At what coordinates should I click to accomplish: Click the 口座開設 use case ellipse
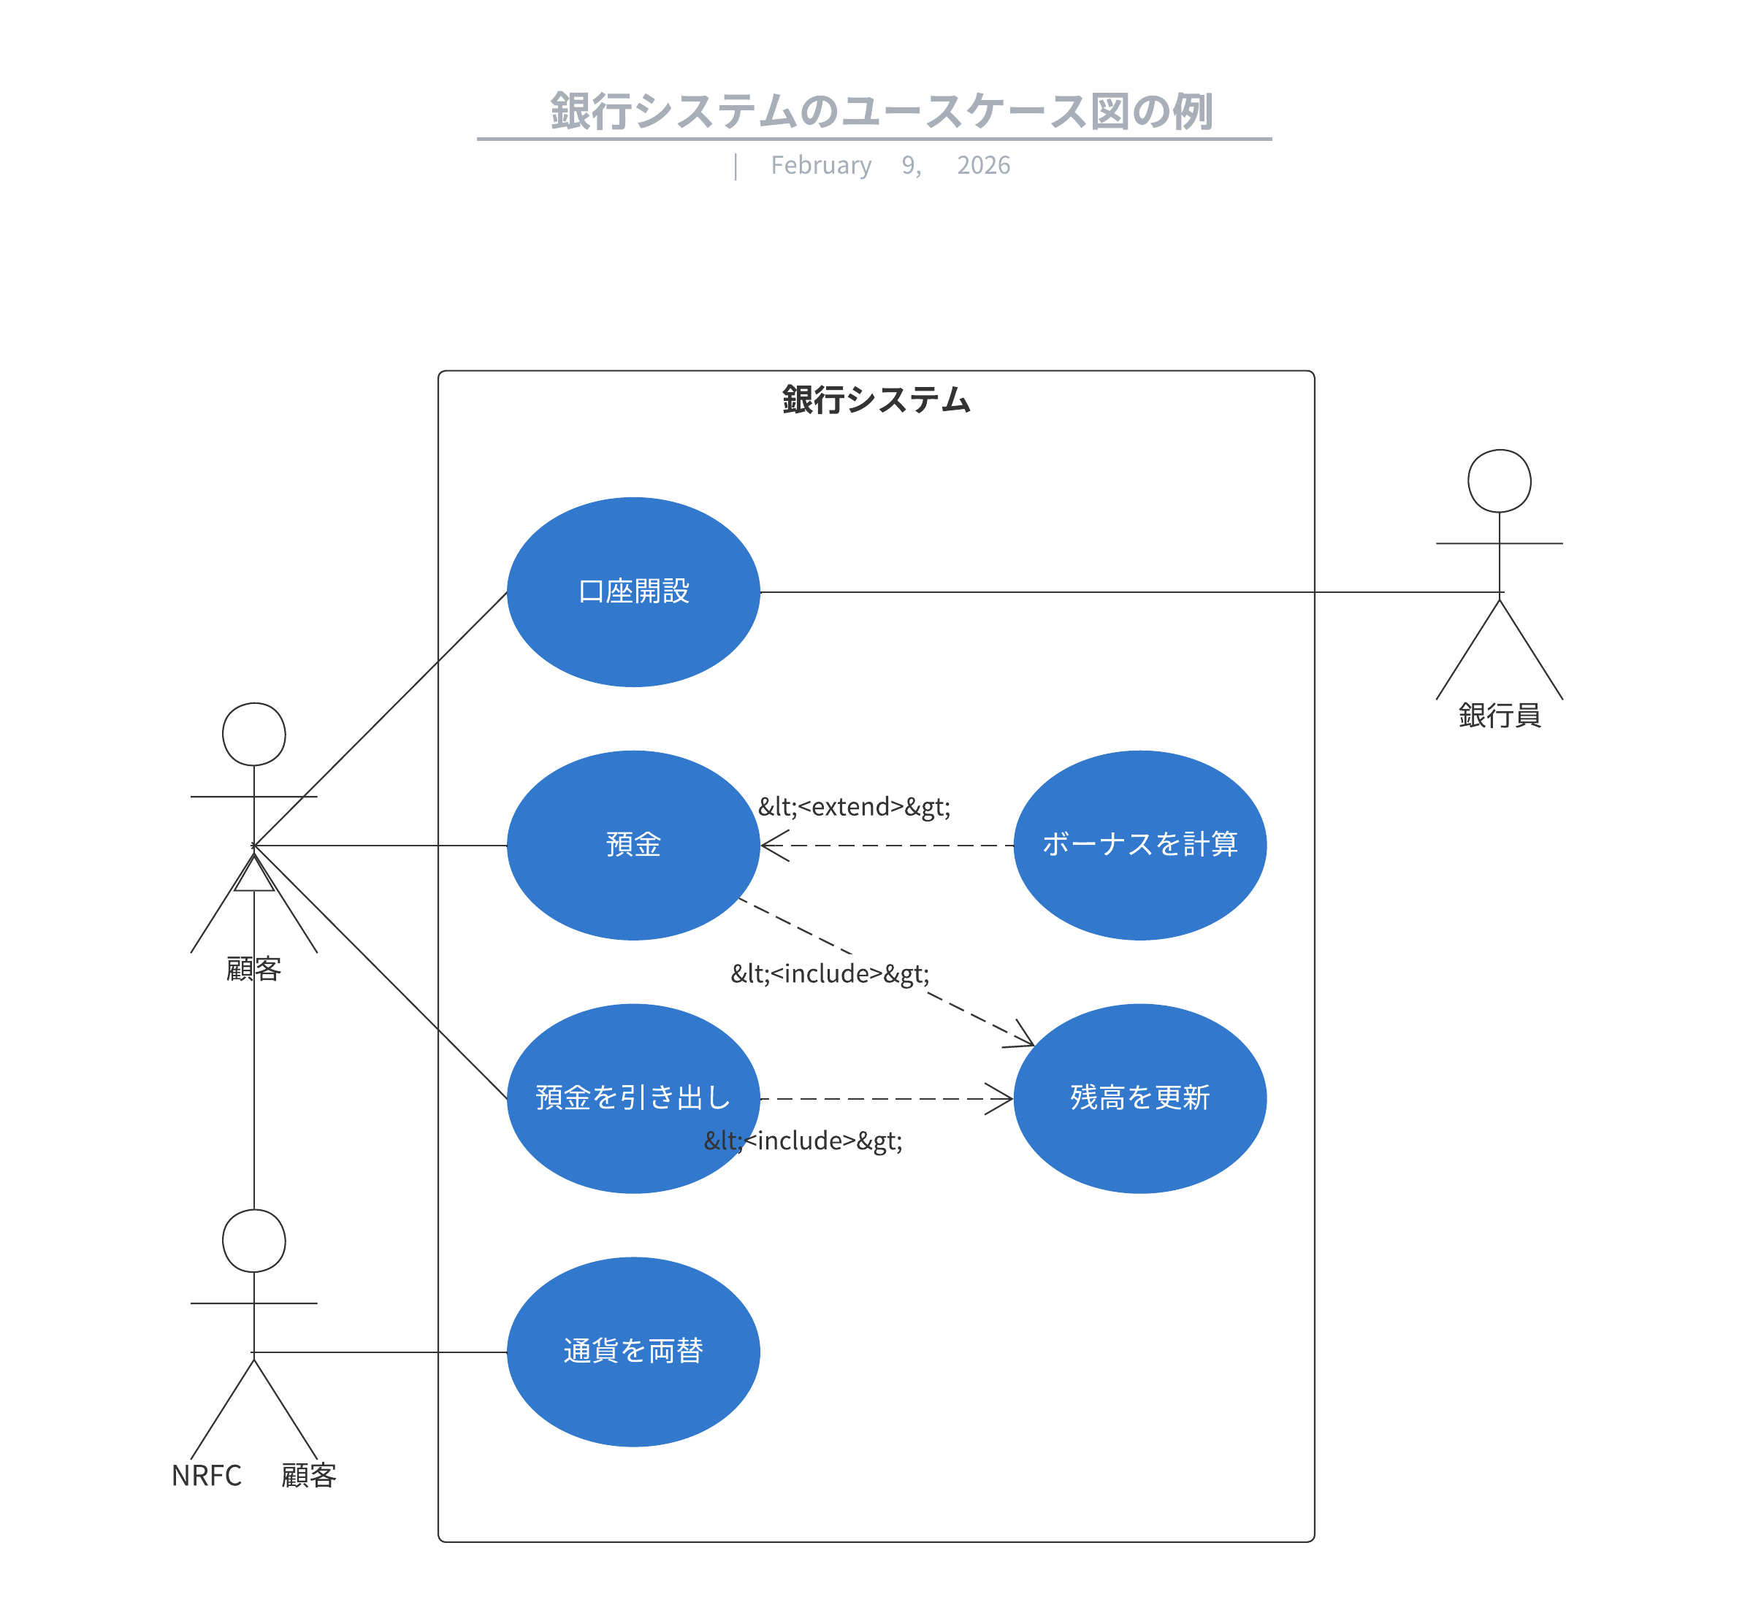[633, 592]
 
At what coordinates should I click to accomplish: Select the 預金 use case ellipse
[633, 845]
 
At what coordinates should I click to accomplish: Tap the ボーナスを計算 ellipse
[1140, 845]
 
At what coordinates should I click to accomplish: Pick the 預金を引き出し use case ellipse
[633, 1098]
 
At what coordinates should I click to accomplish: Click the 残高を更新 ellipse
[1140, 1098]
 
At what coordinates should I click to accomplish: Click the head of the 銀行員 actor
[1499, 480]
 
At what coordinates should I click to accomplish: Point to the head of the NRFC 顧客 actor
[254, 1241]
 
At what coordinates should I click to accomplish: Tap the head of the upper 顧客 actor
[254, 735]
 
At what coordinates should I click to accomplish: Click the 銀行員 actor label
[1499, 716]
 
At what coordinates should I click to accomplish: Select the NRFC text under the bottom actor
[206, 1476]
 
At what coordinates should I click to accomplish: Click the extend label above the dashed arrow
[854, 807]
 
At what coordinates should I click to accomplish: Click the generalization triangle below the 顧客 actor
[254, 875]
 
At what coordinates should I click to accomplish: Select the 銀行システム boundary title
[876, 400]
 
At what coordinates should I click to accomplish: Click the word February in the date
[821, 165]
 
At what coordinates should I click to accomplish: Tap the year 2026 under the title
[983, 165]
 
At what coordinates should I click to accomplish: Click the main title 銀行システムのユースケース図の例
[880, 111]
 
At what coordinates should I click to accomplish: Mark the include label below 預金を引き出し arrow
[803, 1140]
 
